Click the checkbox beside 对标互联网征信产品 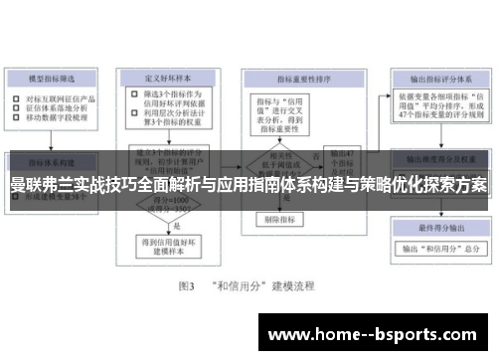point(17,98)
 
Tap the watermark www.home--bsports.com point(377,333)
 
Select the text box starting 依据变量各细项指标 point(435,109)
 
